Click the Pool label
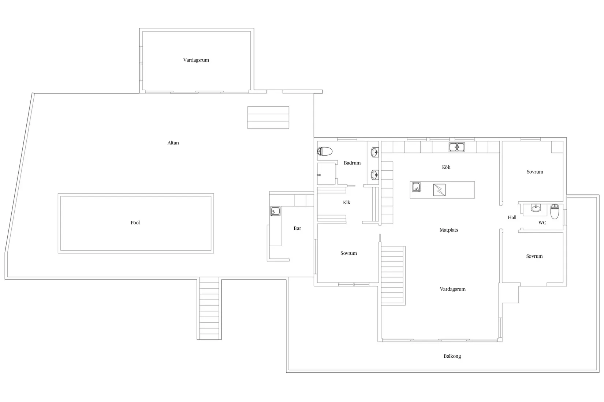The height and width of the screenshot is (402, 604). [135, 223]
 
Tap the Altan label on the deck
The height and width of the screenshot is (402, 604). [173, 143]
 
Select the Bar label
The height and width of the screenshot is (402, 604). [297, 228]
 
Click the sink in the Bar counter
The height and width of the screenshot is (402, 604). [275, 211]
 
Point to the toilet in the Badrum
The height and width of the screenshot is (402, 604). [325, 151]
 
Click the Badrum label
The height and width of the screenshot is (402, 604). [352, 163]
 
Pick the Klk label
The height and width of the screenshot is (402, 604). [347, 202]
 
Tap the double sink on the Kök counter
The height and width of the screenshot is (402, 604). [457, 147]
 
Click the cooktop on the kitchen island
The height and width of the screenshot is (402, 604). [439, 190]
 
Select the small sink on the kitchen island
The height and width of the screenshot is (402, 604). [416, 187]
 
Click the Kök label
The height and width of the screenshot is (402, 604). [446, 167]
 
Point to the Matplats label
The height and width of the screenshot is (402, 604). [449, 230]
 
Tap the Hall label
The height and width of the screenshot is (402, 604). [512, 217]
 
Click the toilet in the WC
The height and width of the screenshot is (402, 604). [554, 212]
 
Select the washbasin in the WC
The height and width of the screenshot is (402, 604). [536, 208]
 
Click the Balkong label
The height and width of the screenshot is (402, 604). [452, 356]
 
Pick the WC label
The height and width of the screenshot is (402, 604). [542, 223]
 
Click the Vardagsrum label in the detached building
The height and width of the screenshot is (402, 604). [196, 60]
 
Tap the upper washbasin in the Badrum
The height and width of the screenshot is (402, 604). [375, 152]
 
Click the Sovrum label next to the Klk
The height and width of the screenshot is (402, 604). [348, 253]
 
